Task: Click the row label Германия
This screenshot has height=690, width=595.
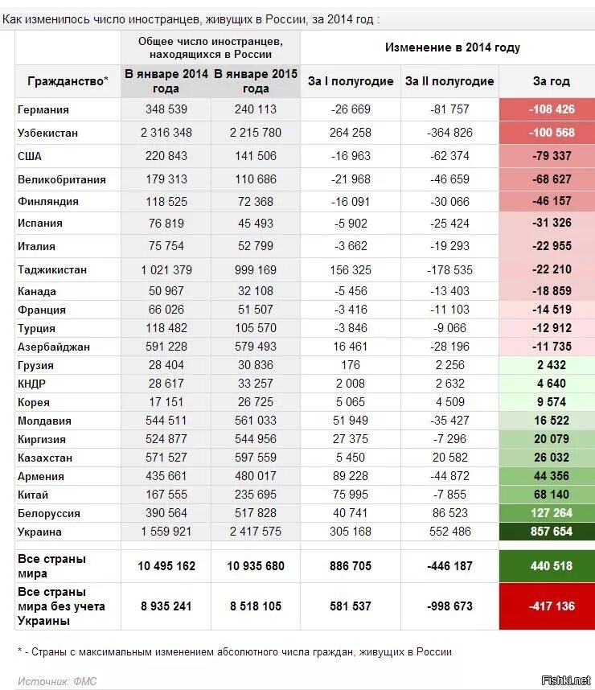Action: tap(43, 109)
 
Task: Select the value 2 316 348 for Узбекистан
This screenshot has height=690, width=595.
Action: tap(166, 133)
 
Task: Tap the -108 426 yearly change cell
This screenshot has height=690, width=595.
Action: tap(551, 109)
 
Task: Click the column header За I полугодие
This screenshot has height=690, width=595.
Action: tap(351, 81)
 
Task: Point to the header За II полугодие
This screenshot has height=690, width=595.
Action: tap(449, 81)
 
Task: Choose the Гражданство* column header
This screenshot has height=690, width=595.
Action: tap(68, 81)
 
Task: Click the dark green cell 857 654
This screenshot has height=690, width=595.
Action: tap(551, 532)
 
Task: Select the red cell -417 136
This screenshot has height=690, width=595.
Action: tap(551, 606)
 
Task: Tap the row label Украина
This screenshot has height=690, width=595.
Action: tap(39, 532)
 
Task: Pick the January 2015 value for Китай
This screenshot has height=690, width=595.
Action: tap(255, 495)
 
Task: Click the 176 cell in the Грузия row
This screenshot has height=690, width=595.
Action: tap(351, 365)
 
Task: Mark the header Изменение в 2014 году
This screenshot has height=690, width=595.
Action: tap(452, 47)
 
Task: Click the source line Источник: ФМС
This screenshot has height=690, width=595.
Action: tap(56, 681)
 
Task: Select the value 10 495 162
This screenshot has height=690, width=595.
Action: tap(166, 566)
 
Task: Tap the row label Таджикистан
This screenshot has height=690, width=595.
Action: tap(51, 269)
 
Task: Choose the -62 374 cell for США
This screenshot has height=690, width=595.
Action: tap(449, 156)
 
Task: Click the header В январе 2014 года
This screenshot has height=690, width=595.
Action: tap(166, 81)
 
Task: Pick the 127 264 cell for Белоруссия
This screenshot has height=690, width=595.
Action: tap(551, 513)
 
